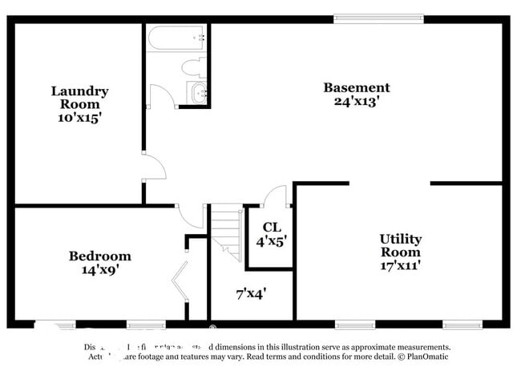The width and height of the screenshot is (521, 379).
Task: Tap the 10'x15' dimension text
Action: coord(79,117)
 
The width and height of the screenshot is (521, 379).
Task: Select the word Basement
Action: coord(356,87)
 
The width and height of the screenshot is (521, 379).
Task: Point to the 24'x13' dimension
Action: coord(356,101)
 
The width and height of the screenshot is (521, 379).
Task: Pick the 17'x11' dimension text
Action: coord(400,264)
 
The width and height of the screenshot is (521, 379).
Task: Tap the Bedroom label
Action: coord(99,256)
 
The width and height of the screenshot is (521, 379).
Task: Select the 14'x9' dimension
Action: coord(99,270)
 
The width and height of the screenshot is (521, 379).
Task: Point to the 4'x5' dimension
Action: coord(271,239)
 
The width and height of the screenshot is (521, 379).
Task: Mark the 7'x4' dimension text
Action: coord(251,293)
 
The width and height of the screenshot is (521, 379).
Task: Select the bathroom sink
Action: coord(198,93)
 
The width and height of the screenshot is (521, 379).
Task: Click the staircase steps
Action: coord(227,232)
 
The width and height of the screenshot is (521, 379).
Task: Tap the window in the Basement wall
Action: coord(378,18)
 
